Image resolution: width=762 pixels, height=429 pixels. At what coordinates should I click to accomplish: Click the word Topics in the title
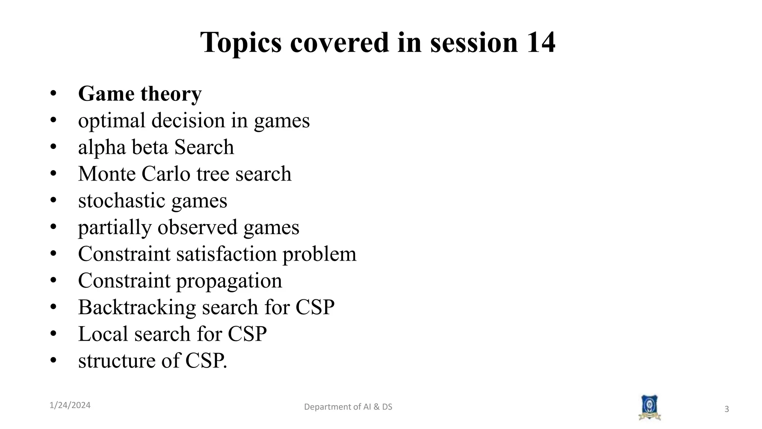click(241, 43)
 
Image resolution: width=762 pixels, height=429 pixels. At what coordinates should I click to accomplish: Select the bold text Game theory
click(140, 93)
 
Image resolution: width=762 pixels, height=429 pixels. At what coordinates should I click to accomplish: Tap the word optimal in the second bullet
click(111, 121)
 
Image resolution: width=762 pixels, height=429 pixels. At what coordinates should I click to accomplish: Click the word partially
click(115, 228)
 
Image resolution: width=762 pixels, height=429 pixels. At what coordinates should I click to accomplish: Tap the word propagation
click(229, 281)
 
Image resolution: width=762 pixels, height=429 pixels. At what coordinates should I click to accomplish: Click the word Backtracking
click(137, 307)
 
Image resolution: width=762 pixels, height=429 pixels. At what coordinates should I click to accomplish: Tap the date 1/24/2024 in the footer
click(70, 405)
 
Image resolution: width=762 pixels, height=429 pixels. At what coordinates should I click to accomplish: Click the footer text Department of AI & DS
click(348, 407)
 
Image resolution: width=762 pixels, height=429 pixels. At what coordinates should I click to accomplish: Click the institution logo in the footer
click(649, 408)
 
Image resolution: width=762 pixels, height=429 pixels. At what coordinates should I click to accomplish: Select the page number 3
click(726, 409)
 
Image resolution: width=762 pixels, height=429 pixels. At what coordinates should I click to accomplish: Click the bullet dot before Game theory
click(53, 93)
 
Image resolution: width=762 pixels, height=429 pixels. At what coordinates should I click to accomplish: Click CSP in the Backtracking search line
click(315, 307)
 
